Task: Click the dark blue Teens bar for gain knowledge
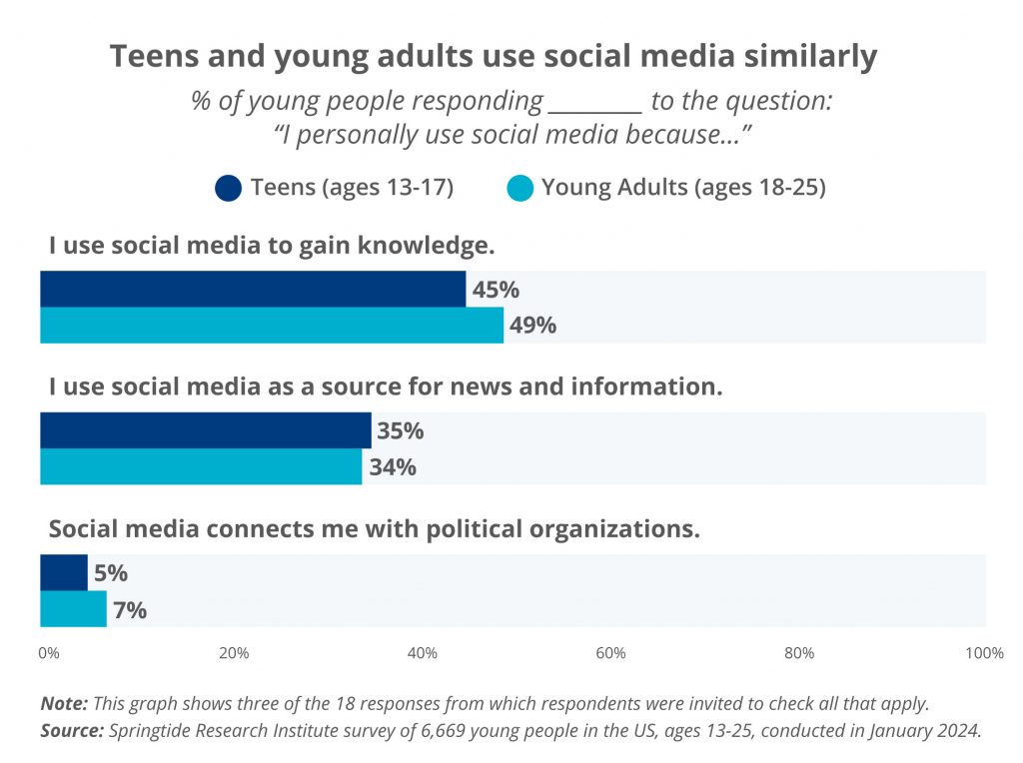pos(253,289)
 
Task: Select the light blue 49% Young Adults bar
pos(272,326)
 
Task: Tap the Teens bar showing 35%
pos(205,430)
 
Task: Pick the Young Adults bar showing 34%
pos(201,466)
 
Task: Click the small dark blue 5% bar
pos(64,572)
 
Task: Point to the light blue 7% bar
pos(73,609)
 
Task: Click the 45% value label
pos(497,290)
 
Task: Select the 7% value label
pos(130,610)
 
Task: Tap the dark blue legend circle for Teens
pos(228,188)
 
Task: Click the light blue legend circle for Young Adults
pos(519,188)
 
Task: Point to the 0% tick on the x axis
pos(48,653)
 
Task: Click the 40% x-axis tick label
pos(423,653)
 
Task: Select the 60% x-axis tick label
pos(610,653)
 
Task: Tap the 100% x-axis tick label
pos(985,653)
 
